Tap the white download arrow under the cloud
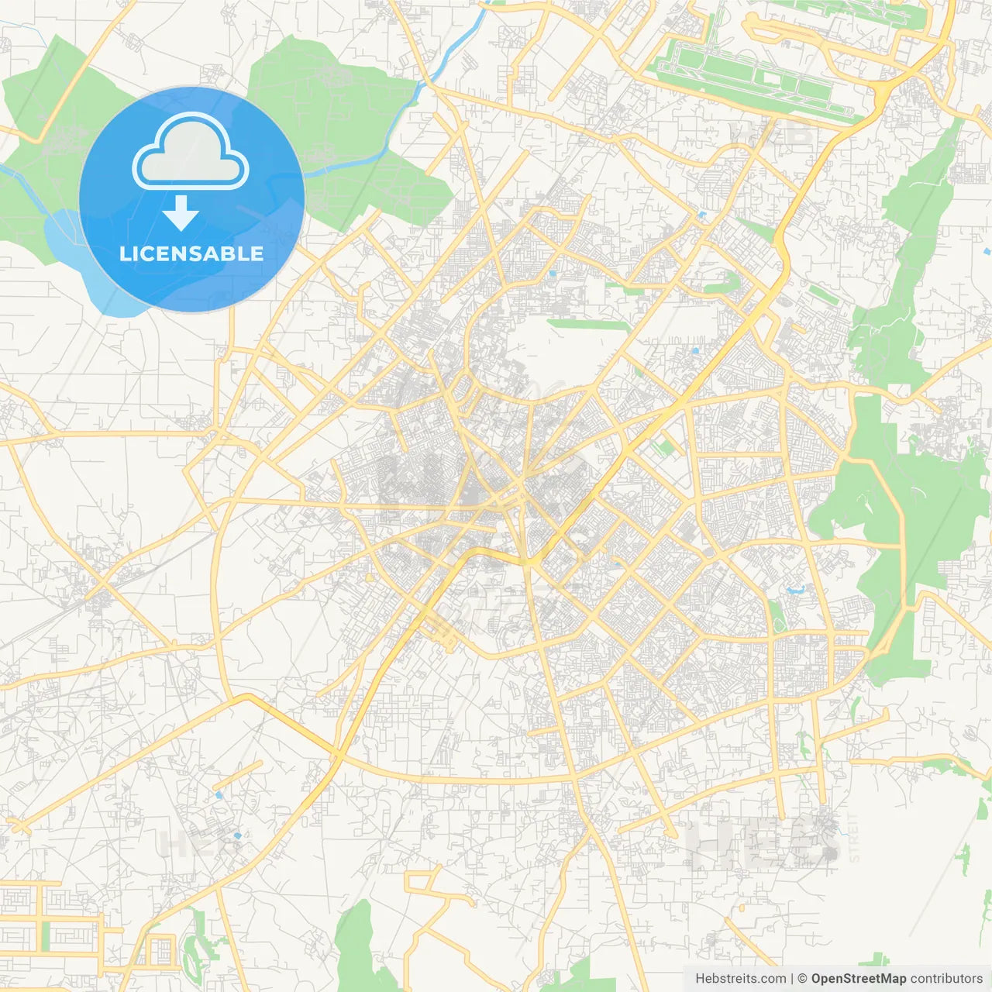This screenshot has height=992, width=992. tap(181, 212)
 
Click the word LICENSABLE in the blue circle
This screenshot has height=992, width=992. tap(191, 253)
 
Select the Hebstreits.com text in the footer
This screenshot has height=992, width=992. tap(741, 979)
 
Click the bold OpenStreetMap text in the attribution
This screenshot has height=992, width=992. tap(859, 979)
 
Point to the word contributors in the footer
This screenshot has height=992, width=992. tap(946, 979)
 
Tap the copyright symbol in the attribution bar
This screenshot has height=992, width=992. tap(803, 979)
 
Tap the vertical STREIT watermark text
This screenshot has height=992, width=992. tap(854, 837)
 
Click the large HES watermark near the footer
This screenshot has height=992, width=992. tap(763, 843)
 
